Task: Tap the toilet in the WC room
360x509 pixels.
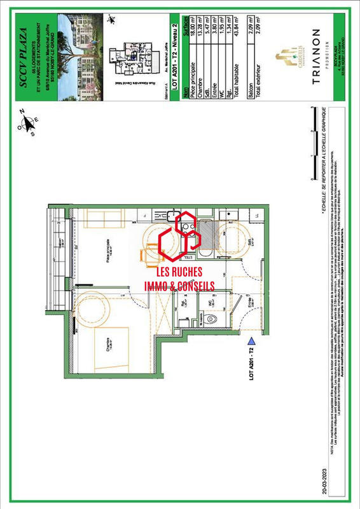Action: click(x=214, y=317)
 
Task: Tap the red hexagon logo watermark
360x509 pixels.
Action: click(x=179, y=238)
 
